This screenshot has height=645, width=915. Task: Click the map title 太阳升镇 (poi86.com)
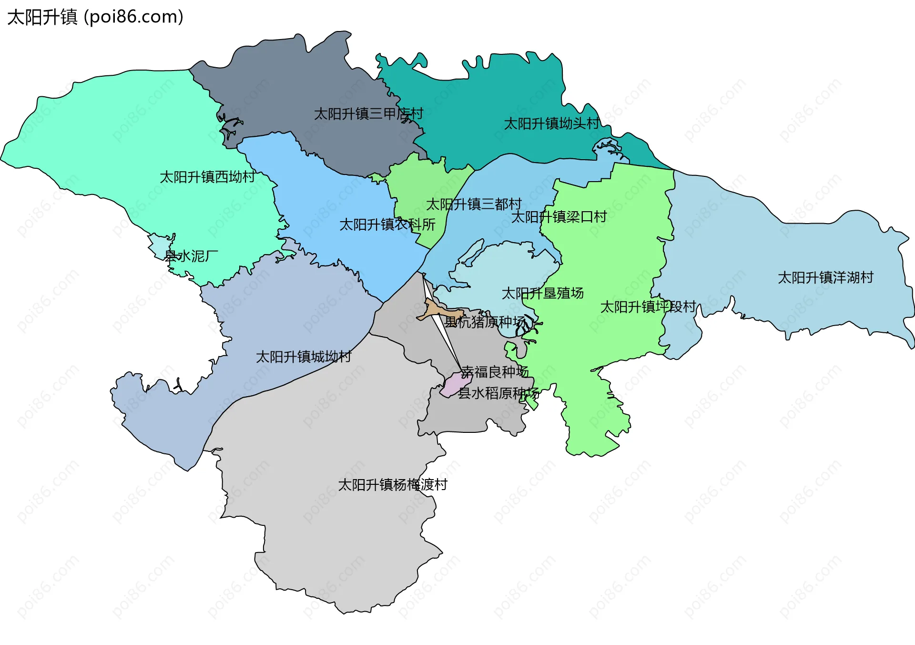click(x=95, y=17)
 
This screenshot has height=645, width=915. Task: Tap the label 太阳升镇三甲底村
click(x=368, y=114)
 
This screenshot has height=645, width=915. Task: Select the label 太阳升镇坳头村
click(x=551, y=123)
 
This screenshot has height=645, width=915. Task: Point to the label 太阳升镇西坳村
click(x=207, y=177)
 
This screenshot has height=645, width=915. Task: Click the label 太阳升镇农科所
click(x=387, y=225)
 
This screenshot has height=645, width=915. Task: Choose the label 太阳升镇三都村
click(x=473, y=204)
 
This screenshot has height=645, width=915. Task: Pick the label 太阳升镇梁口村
click(x=559, y=217)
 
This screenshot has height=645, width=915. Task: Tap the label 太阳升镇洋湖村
click(x=825, y=277)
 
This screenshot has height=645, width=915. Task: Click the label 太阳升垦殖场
click(x=542, y=293)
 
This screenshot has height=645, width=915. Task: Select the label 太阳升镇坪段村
click(x=648, y=307)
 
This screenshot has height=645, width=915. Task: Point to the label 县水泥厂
click(x=191, y=256)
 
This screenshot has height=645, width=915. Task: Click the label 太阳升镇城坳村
click(x=304, y=357)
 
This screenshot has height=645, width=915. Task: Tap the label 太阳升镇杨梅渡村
click(x=392, y=485)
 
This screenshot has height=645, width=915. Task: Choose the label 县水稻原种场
click(x=498, y=393)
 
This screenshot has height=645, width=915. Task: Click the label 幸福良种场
click(x=495, y=372)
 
